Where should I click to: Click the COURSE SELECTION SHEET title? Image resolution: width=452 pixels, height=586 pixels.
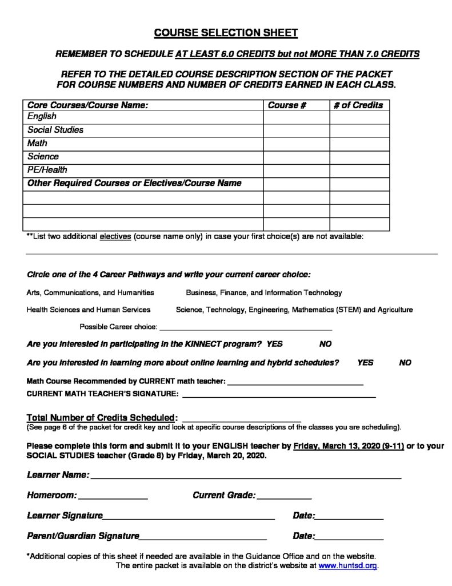point(226,33)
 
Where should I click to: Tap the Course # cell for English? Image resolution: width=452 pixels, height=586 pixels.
point(296,117)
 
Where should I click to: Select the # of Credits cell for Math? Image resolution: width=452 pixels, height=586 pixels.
point(359,144)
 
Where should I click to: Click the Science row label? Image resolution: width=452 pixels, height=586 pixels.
point(43,156)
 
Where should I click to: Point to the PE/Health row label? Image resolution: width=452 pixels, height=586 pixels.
point(47,170)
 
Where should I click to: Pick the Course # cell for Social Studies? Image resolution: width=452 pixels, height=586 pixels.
point(296,130)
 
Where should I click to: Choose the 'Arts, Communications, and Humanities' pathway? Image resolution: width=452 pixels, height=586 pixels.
point(90,292)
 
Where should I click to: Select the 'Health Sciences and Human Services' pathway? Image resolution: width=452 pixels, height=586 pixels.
point(89,310)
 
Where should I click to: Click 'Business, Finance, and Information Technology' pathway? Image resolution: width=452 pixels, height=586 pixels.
point(264,292)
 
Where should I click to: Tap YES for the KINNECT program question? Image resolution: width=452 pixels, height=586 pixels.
point(275,345)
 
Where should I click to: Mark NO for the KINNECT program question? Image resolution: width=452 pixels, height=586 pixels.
point(325,345)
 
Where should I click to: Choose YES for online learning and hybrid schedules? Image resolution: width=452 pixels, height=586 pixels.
point(365,363)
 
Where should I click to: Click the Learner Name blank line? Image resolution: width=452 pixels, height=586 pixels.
point(246,475)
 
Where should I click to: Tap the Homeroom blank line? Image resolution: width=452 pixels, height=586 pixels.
point(113,496)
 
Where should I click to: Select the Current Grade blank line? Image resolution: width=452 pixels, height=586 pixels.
point(284,496)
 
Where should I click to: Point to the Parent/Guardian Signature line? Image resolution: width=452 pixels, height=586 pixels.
point(203,536)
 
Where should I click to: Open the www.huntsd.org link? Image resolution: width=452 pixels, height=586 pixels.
point(348,566)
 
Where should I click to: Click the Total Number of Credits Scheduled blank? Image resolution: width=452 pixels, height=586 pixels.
point(241,418)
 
